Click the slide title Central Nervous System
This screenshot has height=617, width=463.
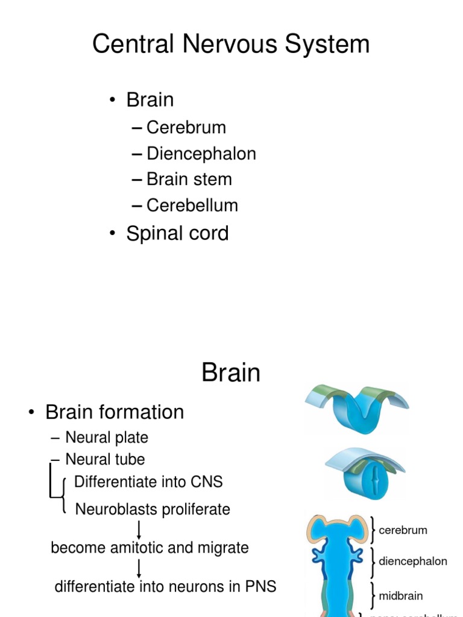pyautogui.click(x=231, y=45)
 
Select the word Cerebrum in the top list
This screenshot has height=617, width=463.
pyautogui.click(x=186, y=128)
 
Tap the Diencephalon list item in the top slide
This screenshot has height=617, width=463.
pyautogui.click(x=201, y=154)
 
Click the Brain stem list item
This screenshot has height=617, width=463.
pyautogui.click(x=189, y=180)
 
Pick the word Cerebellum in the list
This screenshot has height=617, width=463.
pyautogui.click(x=192, y=205)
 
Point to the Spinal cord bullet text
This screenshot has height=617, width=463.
pyautogui.click(x=177, y=233)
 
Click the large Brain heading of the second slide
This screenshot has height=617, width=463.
pyautogui.click(x=231, y=373)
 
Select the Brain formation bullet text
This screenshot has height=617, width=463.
pyautogui.click(x=115, y=412)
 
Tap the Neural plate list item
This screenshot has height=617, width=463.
pyautogui.click(x=106, y=437)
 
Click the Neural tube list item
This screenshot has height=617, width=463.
pyautogui.click(x=105, y=459)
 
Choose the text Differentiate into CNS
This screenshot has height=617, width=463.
pyautogui.click(x=148, y=482)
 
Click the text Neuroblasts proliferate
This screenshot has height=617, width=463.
pyautogui.click(x=153, y=509)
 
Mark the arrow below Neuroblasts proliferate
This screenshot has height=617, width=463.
pyautogui.click(x=139, y=529)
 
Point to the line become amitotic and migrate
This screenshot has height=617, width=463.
pyautogui.click(x=150, y=548)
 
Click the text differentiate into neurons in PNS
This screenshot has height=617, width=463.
pyautogui.click(x=165, y=586)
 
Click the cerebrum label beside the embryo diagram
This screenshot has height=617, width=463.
pyautogui.click(x=403, y=530)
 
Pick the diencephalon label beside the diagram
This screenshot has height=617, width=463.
pyautogui.click(x=413, y=562)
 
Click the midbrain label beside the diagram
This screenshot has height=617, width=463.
pyautogui.click(x=400, y=596)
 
